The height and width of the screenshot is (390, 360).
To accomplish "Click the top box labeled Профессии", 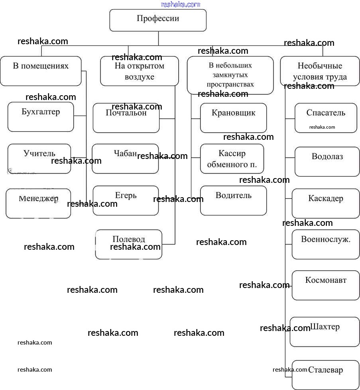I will click(x=158, y=20).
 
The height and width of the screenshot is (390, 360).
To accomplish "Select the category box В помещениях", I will click(x=41, y=71).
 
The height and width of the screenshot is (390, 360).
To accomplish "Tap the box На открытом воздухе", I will click(x=139, y=71).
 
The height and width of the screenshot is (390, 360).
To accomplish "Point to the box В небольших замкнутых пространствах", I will click(x=230, y=75).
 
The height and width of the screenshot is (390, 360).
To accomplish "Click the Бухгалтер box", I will click(x=41, y=117).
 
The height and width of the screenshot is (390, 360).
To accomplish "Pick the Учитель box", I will click(x=39, y=159).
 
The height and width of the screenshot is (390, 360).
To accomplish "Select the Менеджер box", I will click(x=38, y=203).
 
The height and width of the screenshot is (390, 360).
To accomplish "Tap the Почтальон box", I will click(x=126, y=118).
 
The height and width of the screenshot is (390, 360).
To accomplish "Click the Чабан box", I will click(x=125, y=159).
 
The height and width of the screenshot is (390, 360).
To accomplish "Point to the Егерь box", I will click(x=126, y=200).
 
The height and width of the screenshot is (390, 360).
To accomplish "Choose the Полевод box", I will click(x=129, y=244).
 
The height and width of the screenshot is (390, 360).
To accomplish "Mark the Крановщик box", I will click(x=233, y=118).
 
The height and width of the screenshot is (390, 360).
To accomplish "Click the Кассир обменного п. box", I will click(x=232, y=159).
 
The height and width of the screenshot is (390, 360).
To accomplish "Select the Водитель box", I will click(x=233, y=200).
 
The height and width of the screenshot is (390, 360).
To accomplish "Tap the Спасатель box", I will click(x=326, y=118).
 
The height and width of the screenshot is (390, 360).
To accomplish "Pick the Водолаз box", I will click(x=327, y=161).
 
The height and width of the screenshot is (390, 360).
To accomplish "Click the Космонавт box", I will click(x=326, y=285).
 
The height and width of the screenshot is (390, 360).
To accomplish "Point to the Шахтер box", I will click(x=325, y=332).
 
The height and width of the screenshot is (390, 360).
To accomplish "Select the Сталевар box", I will click(x=325, y=375).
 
